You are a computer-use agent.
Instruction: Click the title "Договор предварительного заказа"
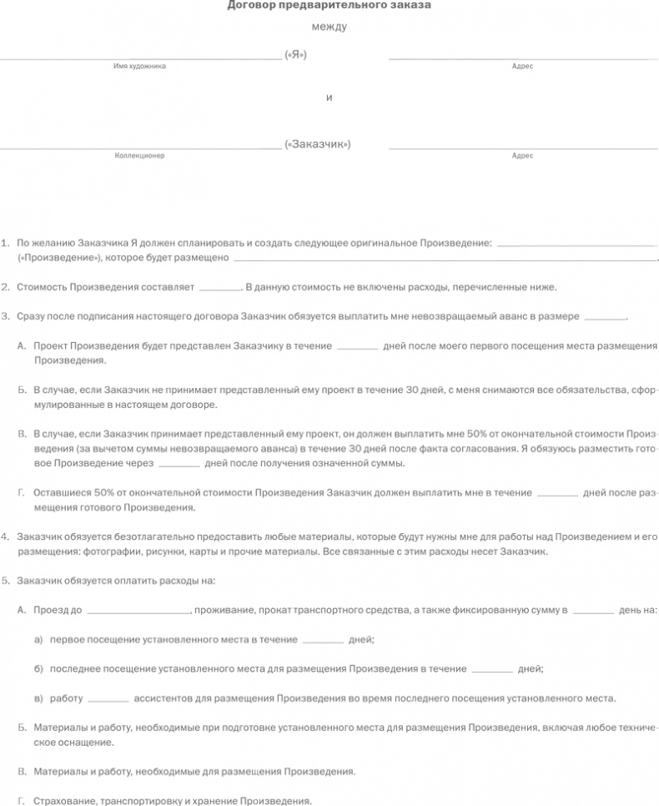click(x=329, y=6)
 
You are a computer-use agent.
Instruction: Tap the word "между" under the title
click(x=329, y=28)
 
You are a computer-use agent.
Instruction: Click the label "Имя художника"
click(x=139, y=67)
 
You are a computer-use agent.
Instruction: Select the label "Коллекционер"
click(x=139, y=156)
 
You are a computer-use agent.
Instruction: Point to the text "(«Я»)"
click(x=295, y=55)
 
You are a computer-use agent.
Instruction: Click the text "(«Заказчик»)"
click(x=317, y=144)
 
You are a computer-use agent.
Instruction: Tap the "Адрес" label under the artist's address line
click(x=522, y=67)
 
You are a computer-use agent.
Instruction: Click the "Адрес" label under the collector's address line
click(x=522, y=156)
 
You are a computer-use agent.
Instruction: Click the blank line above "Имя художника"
click(x=140, y=59)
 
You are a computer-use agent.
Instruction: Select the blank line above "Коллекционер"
click(x=140, y=149)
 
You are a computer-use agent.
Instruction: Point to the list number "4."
click(x=6, y=536)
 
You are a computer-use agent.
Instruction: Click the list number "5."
click(x=6, y=580)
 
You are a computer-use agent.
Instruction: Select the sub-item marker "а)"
click(x=38, y=639)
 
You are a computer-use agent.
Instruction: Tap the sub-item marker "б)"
click(x=38, y=668)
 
